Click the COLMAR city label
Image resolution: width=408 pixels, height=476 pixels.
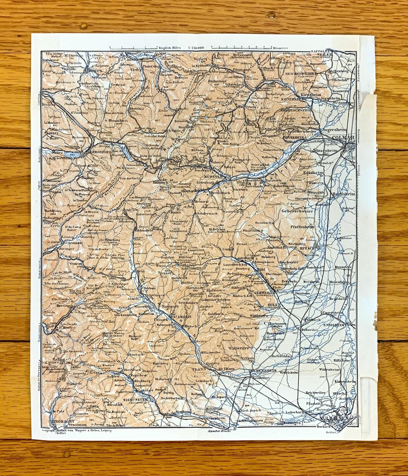343,138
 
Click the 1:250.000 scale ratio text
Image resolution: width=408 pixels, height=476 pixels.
196,48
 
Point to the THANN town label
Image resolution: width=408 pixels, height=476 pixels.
198,369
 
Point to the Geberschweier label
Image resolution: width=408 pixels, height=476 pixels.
297,211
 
